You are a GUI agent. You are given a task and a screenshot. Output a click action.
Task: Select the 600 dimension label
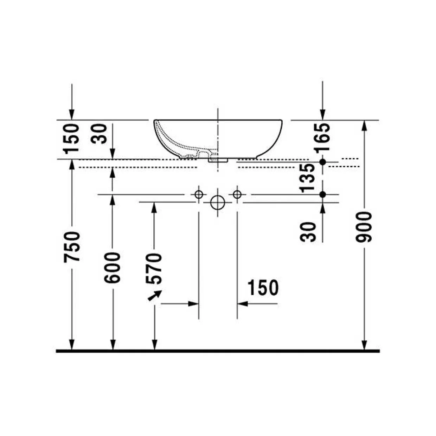pyautogui.click(x=112, y=268)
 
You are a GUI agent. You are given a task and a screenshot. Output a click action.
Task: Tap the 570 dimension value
pyautogui.click(x=154, y=269)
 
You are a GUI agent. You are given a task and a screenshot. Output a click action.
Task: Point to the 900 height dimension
pyautogui.click(x=364, y=227)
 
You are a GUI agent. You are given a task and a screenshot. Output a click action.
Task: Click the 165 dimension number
pyautogui.click(x=322, y=137)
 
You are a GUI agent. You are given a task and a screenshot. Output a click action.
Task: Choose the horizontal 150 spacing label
pyautogui.click(x=263, y=288)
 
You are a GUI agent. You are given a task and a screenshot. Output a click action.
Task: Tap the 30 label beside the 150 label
pyautogui.click(x=99, y=134)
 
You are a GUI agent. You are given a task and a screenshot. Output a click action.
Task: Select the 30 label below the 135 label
pyautogui.click(x=308, y=232)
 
